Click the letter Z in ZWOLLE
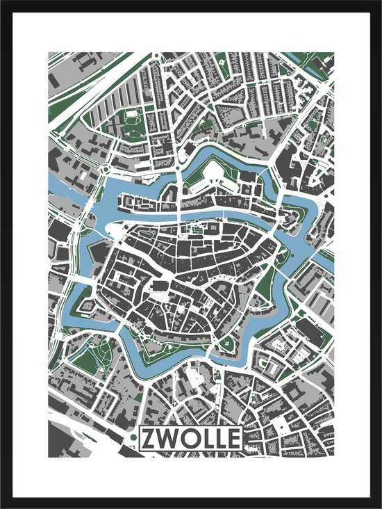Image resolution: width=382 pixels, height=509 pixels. (x=149, y=438)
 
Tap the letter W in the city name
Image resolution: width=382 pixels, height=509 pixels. (x=167, y=438)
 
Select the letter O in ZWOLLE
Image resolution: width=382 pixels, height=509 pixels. (x=185, y=438)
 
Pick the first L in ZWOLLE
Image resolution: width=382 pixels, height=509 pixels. (x=202, y=438)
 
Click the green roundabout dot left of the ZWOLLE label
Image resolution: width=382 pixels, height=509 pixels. (x=124, y=439)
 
